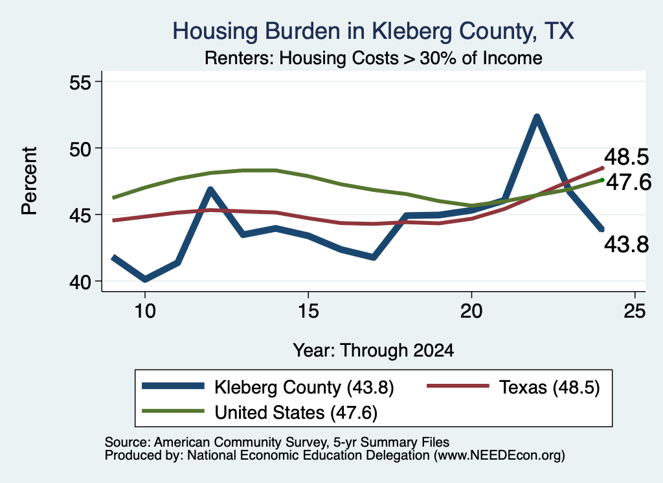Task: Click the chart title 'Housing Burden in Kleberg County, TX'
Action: click(x=374, y=31)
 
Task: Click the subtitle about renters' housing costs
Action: click(x=374, y=58)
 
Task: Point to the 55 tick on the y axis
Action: click(x=80, y=82)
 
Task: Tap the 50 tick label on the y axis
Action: click(x=80, y=148)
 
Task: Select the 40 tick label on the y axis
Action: click(x=80, y=282)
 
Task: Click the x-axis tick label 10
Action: click(x=145, y=311)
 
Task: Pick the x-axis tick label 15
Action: click(x=308, y=311)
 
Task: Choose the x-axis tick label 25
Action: click(x=635, y=311)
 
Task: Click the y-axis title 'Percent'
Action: click(x=29, y=181)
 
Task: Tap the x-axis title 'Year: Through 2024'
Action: click(x=374, y=351)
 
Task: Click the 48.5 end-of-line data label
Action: click(x=626, y=157)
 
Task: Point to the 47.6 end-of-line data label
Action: click(x=629, y=182)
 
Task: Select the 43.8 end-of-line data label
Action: click(x=626, y=244)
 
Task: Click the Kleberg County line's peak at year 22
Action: click(x=537, y=117)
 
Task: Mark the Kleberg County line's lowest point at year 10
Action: click(x=145, y=279)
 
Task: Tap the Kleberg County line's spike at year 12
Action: click(x=210, y=189)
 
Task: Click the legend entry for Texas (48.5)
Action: click(x=513, y=387)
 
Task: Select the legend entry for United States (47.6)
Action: click(x=260, y=412)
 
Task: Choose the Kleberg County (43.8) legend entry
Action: click(x=267, y=387)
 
